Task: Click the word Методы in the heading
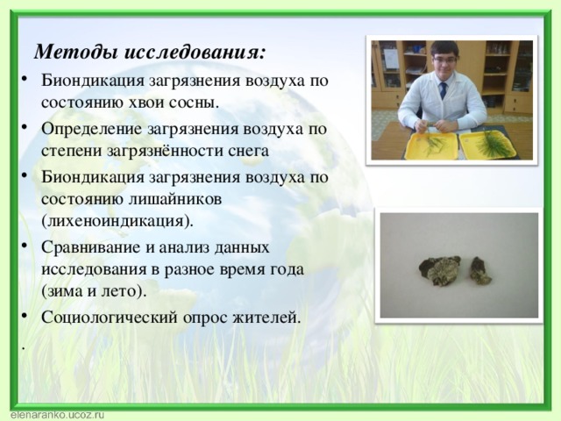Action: (73, 49)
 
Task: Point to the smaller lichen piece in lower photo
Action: (479, 270)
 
